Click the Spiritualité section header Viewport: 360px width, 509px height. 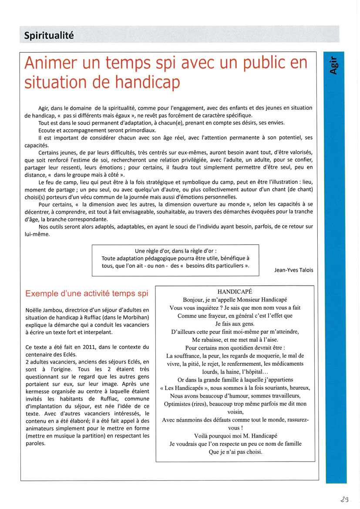click(49, 35)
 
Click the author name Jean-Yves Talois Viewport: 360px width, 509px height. click(293, 270)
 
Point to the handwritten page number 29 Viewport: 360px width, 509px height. click(345, 500)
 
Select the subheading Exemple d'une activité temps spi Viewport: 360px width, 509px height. click(87, 293)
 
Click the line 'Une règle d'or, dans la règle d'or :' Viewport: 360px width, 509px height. click(175, 251)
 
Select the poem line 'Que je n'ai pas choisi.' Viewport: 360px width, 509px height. click(235, 452)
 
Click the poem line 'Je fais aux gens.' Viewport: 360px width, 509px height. click(235, 324)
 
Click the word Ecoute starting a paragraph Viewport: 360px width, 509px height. click(48, 130)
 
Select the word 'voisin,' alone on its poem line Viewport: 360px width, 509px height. click(235, 411)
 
